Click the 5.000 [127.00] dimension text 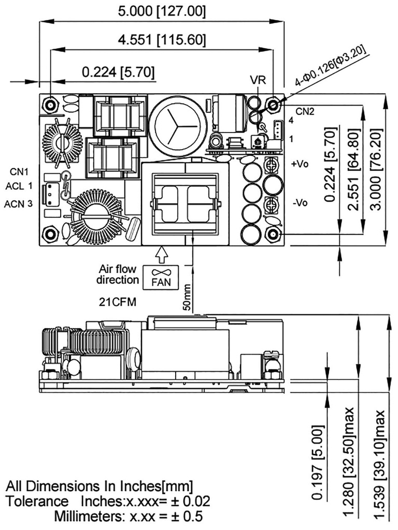[161, 11]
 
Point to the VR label [258, 81]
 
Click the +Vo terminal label [300, 164]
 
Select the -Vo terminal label [300, 202]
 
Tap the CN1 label [20, 171]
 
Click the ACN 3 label [19, 204]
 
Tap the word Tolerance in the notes [37, 502]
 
